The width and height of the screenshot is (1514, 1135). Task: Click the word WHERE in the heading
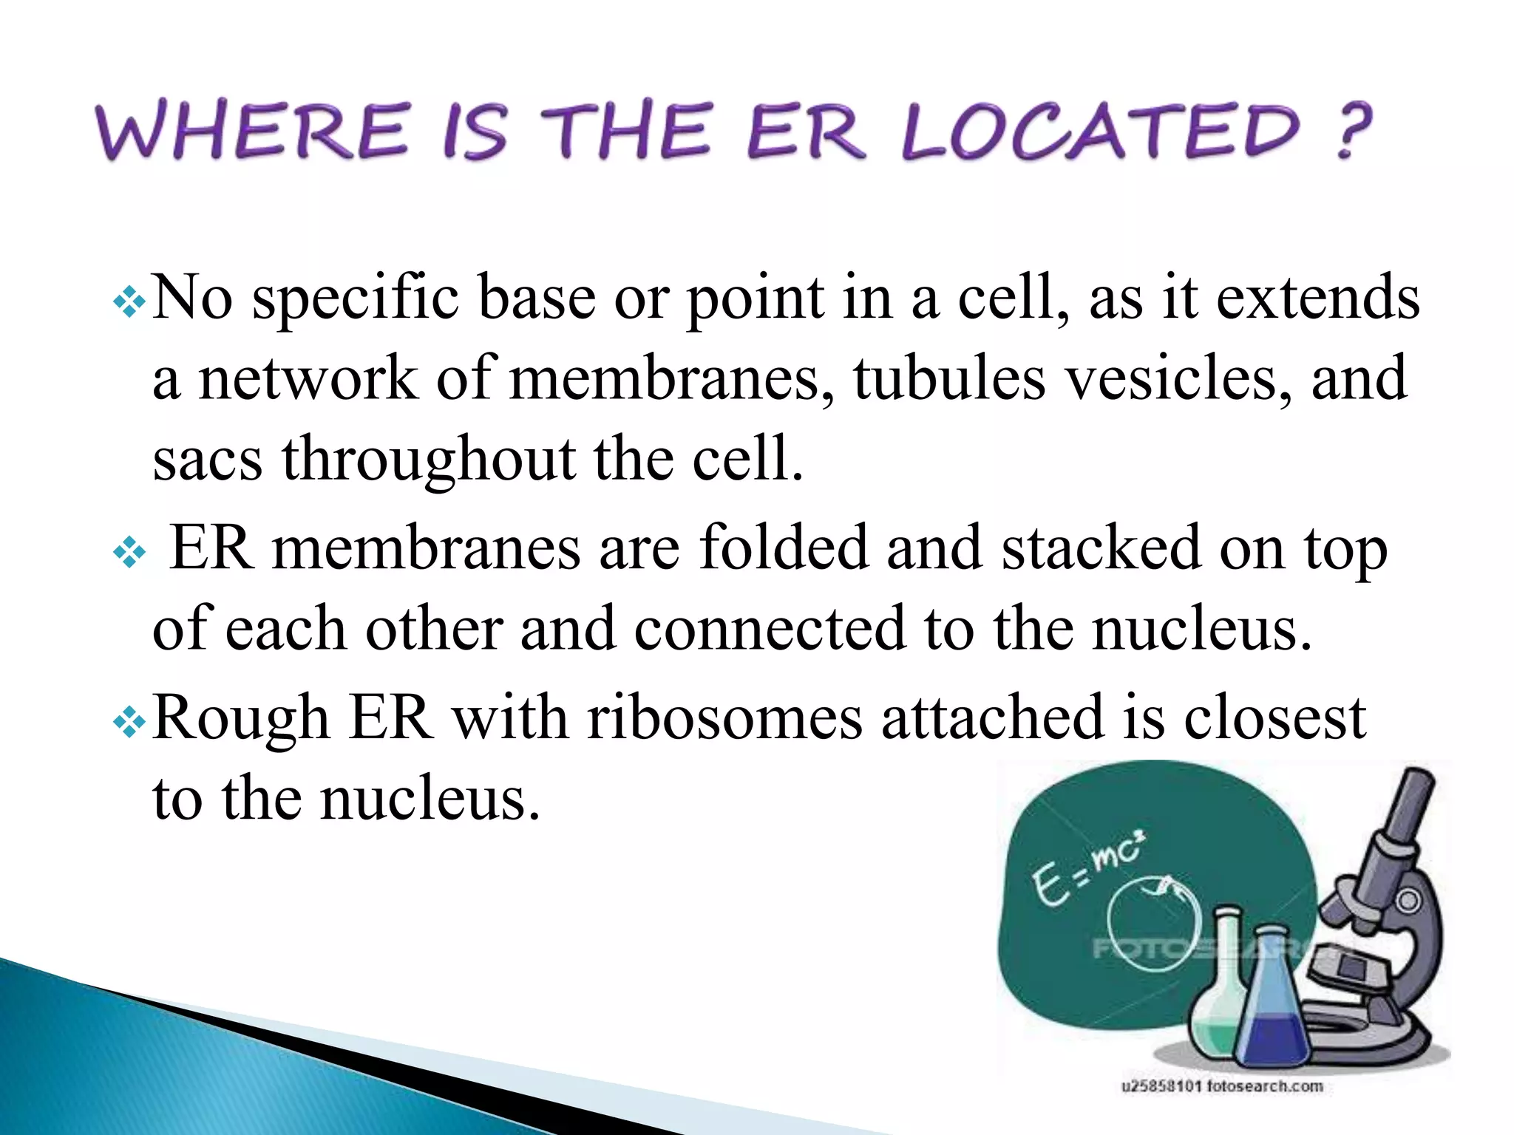(251, 132)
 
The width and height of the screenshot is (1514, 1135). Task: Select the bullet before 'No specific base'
(129, 302)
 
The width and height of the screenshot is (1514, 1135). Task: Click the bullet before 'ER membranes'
(129, 552)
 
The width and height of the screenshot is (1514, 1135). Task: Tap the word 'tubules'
(949, 378)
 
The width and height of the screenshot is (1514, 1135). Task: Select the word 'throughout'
(428, 460)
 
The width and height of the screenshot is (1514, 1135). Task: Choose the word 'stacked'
(1101, 548)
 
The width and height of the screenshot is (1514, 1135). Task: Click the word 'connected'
(770, 629)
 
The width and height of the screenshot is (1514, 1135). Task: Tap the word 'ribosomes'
(724, 718)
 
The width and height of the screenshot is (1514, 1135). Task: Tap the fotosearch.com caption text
(1222, 1086)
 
